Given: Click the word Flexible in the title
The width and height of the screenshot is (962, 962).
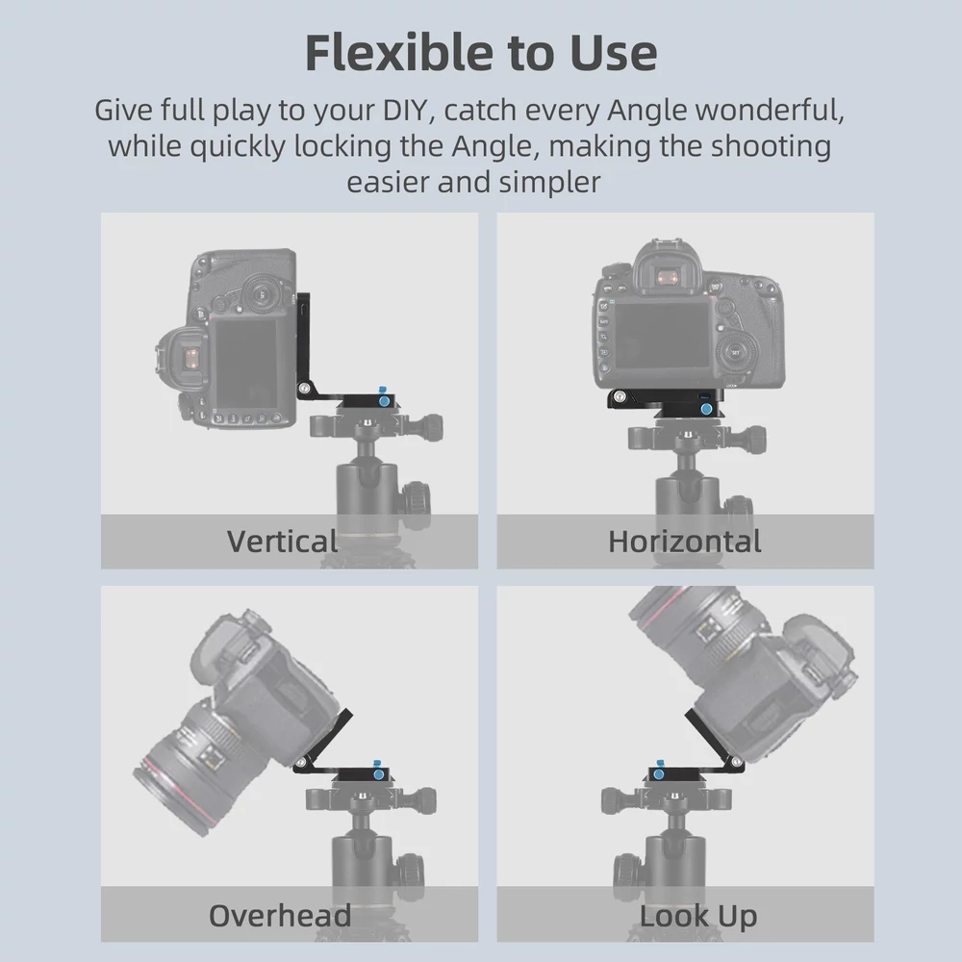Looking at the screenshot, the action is (399, 53).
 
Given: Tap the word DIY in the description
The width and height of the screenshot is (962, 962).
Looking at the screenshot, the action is (404, 110).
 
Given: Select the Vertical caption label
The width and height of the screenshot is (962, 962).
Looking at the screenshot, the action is (282, 541).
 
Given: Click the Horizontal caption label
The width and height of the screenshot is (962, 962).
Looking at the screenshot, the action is (685, 541).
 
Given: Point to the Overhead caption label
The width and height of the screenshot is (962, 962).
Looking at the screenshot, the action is (280, 916).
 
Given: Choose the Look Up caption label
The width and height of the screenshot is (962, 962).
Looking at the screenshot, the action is (698, 916).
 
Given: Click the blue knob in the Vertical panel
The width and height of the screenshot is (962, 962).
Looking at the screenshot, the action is (384, 401).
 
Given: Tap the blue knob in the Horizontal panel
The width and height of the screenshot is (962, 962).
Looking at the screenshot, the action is (706, 409).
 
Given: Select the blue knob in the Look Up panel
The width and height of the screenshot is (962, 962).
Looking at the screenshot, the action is (659, 774).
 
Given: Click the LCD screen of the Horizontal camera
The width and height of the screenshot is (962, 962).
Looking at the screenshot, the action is (662, 335).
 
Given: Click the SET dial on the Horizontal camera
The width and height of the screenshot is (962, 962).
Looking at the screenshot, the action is (736, 353).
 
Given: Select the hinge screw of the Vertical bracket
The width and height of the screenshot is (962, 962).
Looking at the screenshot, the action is (304, 388).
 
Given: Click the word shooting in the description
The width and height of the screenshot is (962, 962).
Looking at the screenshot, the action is (772, 147).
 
